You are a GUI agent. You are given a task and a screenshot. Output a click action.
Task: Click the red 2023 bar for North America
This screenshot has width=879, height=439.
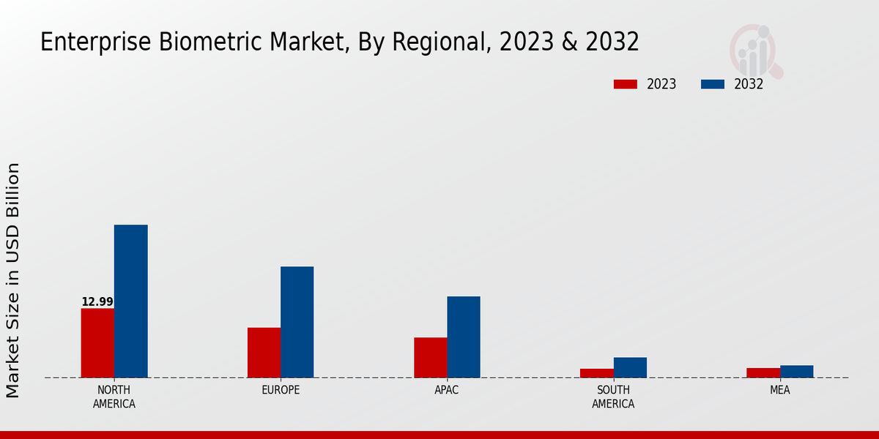pyautogui.click(x=97, y=343)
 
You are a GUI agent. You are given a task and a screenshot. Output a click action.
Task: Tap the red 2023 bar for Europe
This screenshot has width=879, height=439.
pyautogui.click(x=264, y=353)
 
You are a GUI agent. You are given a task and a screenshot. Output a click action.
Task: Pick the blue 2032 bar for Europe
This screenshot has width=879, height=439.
pyautogui.click(x=297, y=322)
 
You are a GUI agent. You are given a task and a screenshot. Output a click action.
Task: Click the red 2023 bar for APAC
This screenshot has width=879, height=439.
pyautogui.click(x=430, y=358)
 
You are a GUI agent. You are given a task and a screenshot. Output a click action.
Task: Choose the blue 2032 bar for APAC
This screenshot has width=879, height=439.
pyautogui.click(x=464, y=337)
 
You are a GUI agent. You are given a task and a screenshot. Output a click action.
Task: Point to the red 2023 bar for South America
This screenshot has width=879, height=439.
pyautogui.click(x=596, y=373)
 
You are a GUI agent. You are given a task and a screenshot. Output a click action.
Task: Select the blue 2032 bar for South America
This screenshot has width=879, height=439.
pyautogui.click(x=630, y=367)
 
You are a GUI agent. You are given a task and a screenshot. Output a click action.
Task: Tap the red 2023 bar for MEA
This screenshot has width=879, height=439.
pyautogui.click(x=763, y=373)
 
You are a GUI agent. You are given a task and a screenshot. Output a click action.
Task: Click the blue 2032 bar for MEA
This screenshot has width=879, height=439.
pyautogui.click(x=796, y=372)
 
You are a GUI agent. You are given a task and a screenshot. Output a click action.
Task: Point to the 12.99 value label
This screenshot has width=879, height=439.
pyautogui.click(x=97, y=302)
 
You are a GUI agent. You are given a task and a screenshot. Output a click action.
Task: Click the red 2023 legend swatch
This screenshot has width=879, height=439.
pyautogui.click(x=626, y=84)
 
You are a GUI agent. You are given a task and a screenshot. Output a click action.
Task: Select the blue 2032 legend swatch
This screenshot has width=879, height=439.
pyautogui.click(x=712, y=84)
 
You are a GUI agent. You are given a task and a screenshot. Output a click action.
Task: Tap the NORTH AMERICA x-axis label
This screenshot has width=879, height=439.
pyautogui.click(x=114, y=397)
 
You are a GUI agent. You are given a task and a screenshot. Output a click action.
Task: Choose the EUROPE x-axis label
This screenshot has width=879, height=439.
pyautogui.click(x=281, y=390)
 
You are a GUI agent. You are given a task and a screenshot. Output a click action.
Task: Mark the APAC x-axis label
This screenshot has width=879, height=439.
pyautogui.click(x=447, y=390)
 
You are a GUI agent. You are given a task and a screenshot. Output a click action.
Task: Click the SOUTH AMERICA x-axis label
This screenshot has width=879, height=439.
pyautogui.click(x=613, y=397)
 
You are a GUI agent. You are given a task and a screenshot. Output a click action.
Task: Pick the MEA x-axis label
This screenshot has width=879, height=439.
pyautogui.click(x=779, y=390)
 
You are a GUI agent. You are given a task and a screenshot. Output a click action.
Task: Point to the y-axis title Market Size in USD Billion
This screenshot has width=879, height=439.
pyautogui.click(x=13, y=280)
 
